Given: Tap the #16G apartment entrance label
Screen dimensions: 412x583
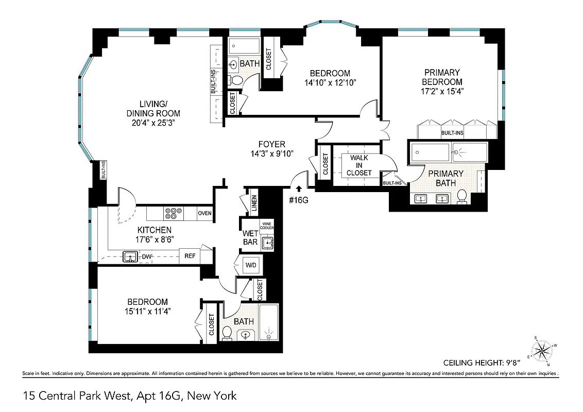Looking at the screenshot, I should (299, 200).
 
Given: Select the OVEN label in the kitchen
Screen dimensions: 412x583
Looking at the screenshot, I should (205, 213).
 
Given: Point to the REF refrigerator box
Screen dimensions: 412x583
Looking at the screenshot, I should (190, 256).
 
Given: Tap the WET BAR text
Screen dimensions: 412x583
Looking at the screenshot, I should (250, 237).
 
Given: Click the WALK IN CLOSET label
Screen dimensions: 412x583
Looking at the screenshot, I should (358, 165).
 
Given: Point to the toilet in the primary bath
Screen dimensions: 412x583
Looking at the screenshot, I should (462, 196).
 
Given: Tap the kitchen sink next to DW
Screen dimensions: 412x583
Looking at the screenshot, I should (130, 256).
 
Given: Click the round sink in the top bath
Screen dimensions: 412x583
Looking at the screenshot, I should (233, 64).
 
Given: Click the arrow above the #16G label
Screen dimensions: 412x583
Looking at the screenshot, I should (299, 190).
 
